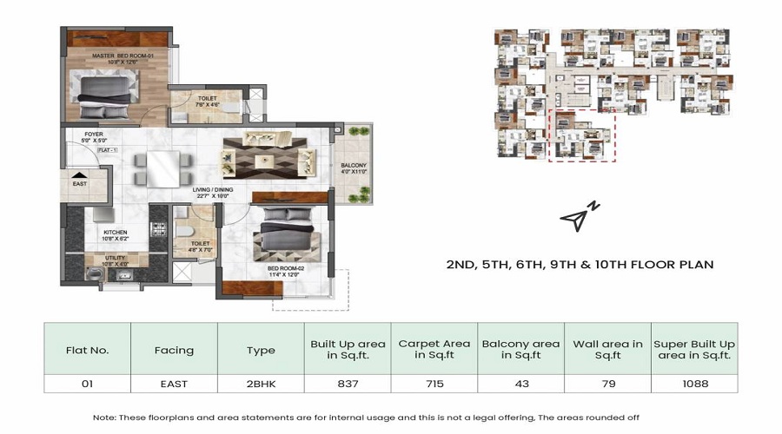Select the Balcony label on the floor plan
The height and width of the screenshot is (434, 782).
(354, 169)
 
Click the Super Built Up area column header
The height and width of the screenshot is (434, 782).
(693, 350)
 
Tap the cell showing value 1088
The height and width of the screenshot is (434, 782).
(693, 383)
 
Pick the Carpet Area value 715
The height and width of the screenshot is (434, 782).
(434, 383)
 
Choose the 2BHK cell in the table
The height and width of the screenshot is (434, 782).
(260, 383)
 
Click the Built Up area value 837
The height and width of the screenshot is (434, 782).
(347, 383)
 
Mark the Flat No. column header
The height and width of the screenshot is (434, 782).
(87, 351)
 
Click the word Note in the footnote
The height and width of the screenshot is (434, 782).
(105, 417)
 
